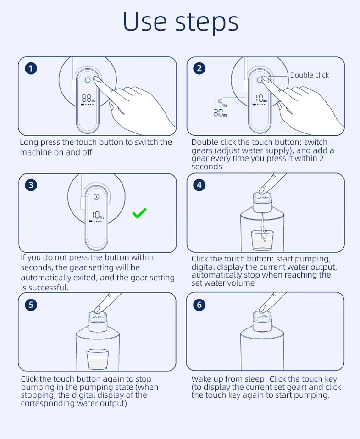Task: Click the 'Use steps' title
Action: [181, 22]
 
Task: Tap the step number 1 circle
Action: [31, 68]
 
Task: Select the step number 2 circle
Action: [199, 68]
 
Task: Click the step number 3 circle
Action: [31, 185]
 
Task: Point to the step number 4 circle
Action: [199, 185]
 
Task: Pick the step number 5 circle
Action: [31, 305]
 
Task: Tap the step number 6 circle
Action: [199, 305]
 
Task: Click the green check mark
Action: [139, 213]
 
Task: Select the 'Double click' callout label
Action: [310, 75]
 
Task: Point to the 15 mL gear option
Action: [221, 103]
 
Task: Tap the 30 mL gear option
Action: [221, 113]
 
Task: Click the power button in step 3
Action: [97, 196]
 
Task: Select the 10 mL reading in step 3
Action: [98, 215]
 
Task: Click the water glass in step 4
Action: [262, 240]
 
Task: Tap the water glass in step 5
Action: [98, 359]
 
